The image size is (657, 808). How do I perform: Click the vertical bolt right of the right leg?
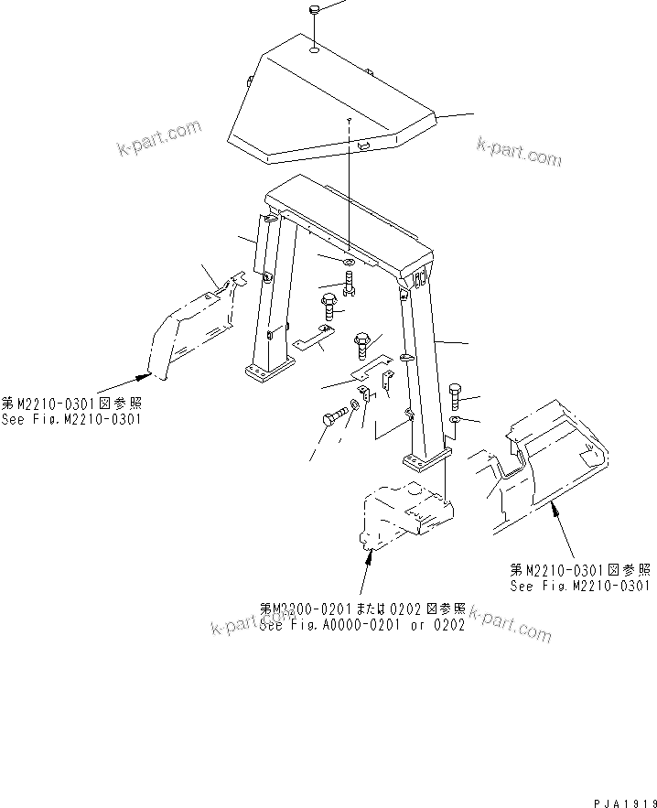(x=458, y=396)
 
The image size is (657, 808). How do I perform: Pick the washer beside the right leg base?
(x=455, y=420)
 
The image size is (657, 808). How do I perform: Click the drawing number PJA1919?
(x=622, y=802)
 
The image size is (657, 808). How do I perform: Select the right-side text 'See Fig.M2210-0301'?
(x=580, y=587)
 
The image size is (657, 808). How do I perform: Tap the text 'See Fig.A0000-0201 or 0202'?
(x=362, y=626)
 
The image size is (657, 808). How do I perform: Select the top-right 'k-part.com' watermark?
(x=518, y=151)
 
